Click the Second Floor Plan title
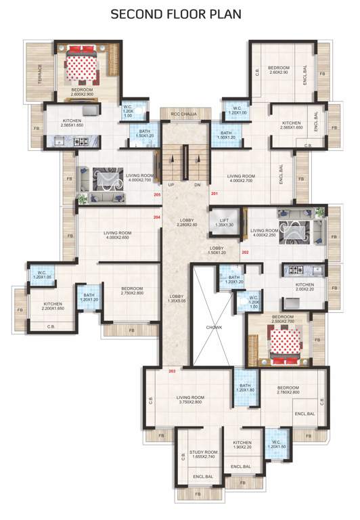[x=180, y=14]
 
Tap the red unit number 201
[x=215, y=194]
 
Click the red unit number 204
[x=157, y=217]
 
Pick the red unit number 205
[x=157, y=195]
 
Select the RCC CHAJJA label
[x=183, y=114]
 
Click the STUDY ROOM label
[x=203, y=454]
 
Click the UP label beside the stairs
[x=171, y=184]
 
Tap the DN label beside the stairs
[x=197, y=184]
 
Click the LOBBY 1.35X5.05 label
[x=177, y=299]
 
